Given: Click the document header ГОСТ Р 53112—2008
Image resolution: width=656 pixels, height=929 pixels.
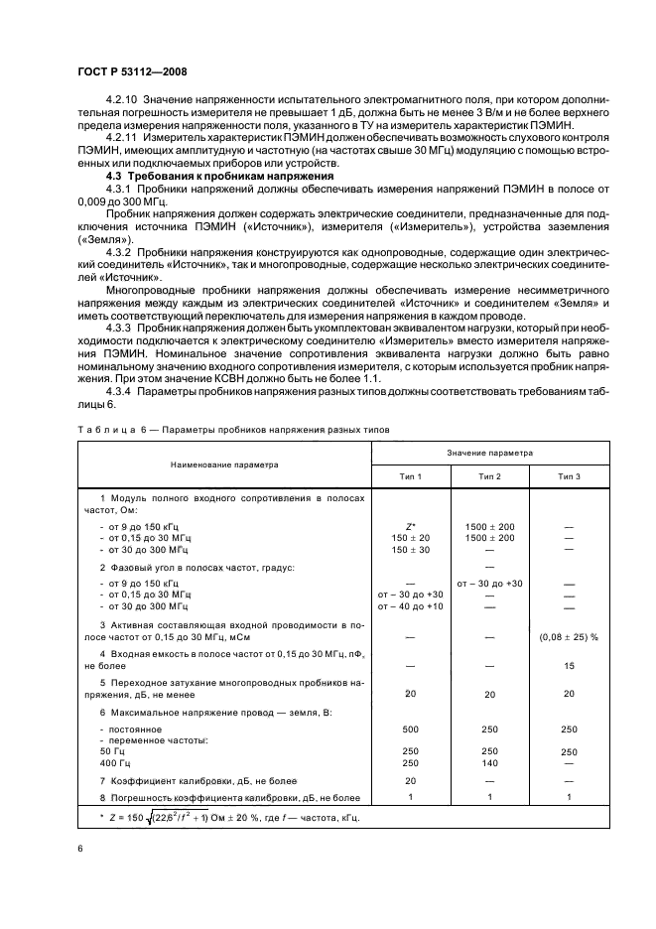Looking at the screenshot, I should (x=131, y=71).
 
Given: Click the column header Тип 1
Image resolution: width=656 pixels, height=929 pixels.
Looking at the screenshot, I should (x=410, y=476).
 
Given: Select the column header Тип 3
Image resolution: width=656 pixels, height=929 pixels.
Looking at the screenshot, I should (x=570, y=476).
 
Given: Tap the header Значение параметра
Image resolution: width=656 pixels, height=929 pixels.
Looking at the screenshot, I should (x=489, y=453).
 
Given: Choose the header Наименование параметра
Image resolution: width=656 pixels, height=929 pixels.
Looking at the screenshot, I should (x=223, y=464).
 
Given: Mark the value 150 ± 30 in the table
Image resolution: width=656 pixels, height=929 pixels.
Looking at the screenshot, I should (x=410, y=549).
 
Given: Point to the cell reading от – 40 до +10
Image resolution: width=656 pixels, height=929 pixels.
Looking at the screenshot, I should (x=410, y=605).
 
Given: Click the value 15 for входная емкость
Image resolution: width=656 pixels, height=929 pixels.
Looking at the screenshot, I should (x=570, y=666).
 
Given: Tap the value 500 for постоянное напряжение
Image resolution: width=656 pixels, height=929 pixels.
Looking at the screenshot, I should (x=410, y=729).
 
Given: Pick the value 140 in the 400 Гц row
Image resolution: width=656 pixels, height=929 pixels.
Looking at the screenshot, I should (x=489, y=762).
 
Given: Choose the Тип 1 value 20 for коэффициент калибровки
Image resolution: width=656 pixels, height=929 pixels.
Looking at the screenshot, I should (x=410, y=780).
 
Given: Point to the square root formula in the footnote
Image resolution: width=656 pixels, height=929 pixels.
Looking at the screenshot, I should (x=218, y=818).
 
